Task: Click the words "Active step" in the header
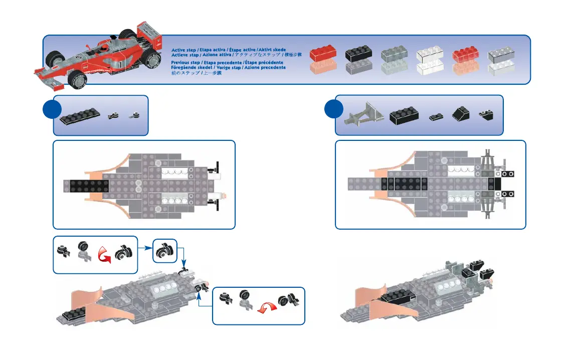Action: [183, 50]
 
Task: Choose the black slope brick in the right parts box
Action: [460, 114]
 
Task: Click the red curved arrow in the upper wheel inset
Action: [104, 254]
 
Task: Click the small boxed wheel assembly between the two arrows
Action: [164, 250]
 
